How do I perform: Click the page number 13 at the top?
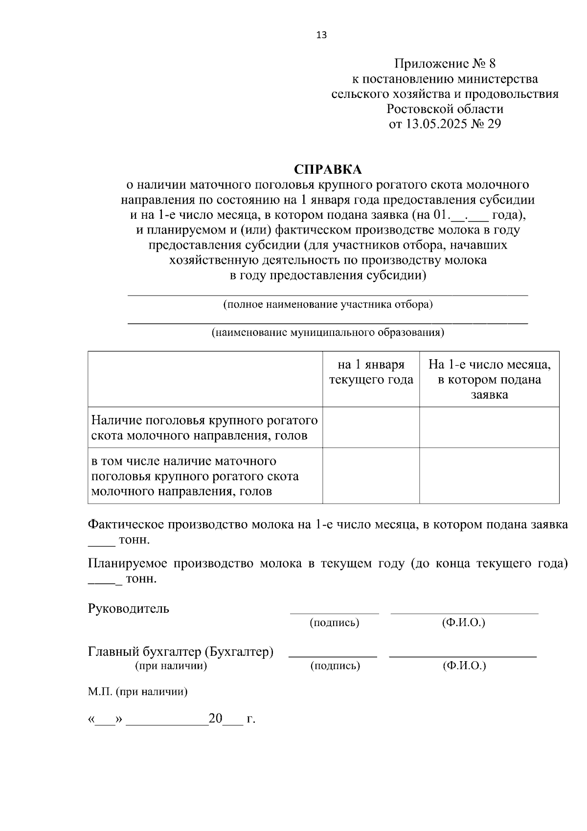[x=321, y=35]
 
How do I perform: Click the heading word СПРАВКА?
[x=328, y=169]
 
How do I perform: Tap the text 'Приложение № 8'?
[x=445, y=64]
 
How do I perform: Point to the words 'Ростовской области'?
[x=445, y=109]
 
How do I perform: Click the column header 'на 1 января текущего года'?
[x=371, y=372]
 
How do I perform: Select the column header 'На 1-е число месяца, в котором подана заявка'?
[x=489, y=380]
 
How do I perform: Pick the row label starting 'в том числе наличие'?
[x=195, y=476]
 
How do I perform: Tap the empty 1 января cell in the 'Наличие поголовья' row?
[x=371, y=428]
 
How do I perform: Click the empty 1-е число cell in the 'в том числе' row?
[x=489, y=476]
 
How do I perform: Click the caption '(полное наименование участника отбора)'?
[x=328, y=305]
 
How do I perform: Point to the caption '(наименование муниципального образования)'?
[x=328, y=333]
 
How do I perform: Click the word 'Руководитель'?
[x=129, y=609]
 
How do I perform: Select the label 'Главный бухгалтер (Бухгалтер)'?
[x=181, y=652]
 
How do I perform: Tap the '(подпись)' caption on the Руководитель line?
[x=334, y=623]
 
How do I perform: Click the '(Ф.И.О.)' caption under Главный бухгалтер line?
[x=464, y=666]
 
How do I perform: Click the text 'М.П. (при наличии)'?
[x=137, y=692]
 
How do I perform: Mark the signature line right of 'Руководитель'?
[x=334, y=612]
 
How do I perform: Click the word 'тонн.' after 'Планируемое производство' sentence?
[x=141, y=579]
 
